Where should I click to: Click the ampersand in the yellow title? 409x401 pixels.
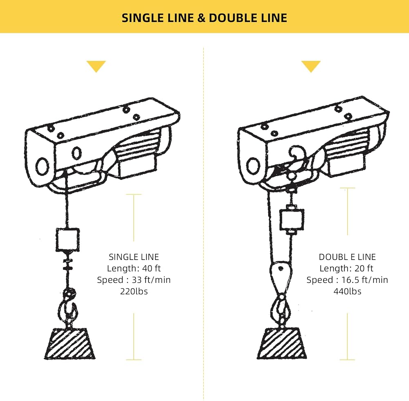(x=201, y=18)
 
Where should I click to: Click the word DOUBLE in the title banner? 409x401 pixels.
(x=233, y=18)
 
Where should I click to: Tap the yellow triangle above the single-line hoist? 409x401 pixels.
(x=96, y=67)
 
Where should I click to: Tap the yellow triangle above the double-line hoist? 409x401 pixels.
(x=311, y=67)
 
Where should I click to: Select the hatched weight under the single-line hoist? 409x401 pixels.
(x=70, y=344)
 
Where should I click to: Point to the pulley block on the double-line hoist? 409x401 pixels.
(x=281, y=276)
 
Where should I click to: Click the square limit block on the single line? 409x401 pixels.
(x=67, y=240)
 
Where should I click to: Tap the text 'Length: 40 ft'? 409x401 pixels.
(x=134, y=268)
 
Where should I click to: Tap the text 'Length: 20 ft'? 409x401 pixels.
(x=346, y=268)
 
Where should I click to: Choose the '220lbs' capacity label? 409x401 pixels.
(x=134, y=291)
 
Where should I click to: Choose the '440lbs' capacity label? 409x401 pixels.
(x=347, y=291)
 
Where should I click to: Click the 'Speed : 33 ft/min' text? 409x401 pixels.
(x=134, y=280)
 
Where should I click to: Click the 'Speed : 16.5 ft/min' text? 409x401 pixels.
(x=347, y=280)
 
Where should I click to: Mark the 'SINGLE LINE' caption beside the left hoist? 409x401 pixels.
(x=134, y=257)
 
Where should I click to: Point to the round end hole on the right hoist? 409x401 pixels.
(x=253, y=166)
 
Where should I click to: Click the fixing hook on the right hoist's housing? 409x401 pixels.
(x=297, y=154)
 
